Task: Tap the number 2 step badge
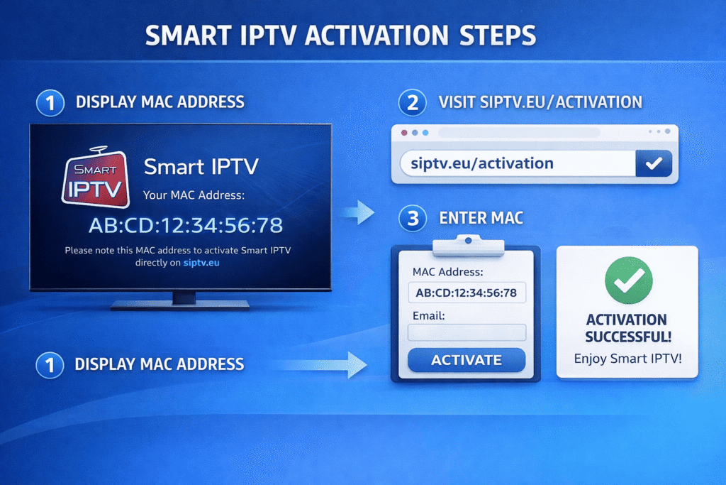[x=411, y=103]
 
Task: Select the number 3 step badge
[x=411, y=217]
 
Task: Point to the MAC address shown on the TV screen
[x=186, y=225]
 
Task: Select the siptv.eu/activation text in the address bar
[x=482, y=164]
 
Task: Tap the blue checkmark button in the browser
[x=653, y=164]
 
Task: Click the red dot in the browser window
[x=405, y=133]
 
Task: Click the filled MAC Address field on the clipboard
[x=467, y=293]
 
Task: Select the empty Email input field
[x=467, y=332]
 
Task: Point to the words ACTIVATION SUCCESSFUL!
[x=627, y=327]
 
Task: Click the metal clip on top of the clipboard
[x=467, y=244]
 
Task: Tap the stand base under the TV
[x=180, y=305]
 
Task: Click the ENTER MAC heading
[x=481, y=217]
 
